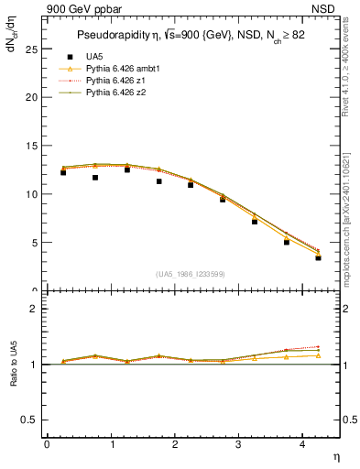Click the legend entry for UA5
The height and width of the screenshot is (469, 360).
[94, 57]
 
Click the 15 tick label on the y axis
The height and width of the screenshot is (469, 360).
[33, 146]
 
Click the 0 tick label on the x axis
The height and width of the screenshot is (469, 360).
[47, 444]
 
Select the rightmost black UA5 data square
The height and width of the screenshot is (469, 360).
[318, 257]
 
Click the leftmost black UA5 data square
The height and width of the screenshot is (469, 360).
[62, 172]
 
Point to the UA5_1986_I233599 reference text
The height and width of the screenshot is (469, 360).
[191, 275]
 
